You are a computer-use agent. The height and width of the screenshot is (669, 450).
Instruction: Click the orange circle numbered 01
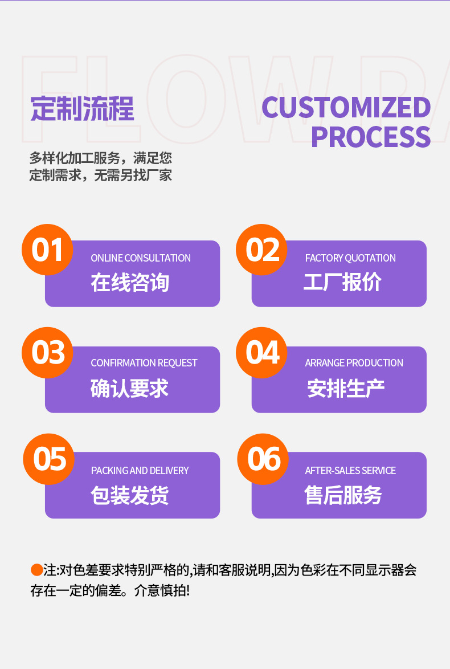click(47, 250)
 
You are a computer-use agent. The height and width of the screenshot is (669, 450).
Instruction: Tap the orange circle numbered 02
click(261, 250)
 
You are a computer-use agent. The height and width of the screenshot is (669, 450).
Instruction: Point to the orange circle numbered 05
click(48, 459)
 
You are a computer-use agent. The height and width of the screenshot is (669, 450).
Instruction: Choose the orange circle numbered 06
click(263, 459)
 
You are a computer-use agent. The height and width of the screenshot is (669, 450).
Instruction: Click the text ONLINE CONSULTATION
click(141, 258)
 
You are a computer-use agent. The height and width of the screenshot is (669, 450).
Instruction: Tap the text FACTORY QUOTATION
click(350, 258)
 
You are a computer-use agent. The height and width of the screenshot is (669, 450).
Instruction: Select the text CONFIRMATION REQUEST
click(144, 363)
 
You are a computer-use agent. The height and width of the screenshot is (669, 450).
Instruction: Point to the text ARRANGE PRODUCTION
click(354, 363)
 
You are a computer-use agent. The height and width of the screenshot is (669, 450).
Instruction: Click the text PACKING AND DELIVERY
click(140, 471)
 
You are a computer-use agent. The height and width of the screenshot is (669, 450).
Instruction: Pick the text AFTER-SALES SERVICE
click(350, 471)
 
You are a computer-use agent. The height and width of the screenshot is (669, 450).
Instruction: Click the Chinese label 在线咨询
click(130, 283)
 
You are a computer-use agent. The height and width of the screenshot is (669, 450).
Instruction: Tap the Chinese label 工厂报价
click(342, 283)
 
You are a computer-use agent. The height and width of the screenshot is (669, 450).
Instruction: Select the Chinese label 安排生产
click(346, 389)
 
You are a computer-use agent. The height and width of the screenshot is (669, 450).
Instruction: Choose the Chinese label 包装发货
click(130, 495)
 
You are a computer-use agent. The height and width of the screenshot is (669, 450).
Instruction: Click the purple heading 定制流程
click(82, 108)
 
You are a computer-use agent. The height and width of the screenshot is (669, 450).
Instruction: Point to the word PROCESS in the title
click(370, 137)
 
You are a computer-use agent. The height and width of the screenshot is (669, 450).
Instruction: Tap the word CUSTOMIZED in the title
click(346, 108)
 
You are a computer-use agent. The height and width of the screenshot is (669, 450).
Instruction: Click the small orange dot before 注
click(36, 569)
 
